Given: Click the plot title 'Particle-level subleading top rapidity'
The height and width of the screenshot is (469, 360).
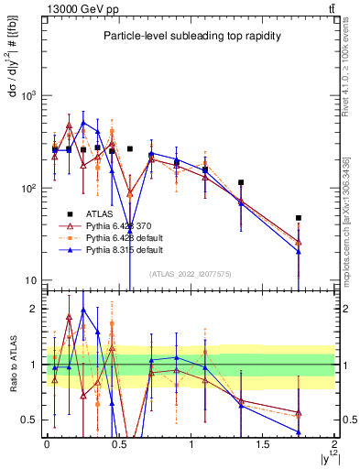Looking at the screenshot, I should pos(191,36).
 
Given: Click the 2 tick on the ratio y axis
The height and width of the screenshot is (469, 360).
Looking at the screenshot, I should pos(38,310).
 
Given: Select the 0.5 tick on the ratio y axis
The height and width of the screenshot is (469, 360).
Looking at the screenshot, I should pos(34,420).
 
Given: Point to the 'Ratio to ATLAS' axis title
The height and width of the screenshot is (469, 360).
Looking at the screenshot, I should pos(12,364).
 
